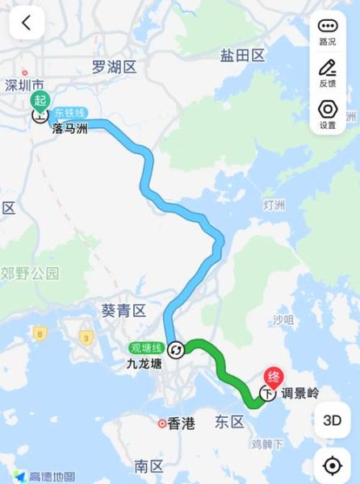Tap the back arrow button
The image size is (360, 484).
27,23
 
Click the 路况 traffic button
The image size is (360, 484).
328,31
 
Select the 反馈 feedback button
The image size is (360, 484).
328,73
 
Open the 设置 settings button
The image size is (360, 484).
328,115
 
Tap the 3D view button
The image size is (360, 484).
332,420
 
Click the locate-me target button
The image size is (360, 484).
332,465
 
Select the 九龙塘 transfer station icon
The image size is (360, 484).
175,348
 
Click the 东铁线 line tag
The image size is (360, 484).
70,114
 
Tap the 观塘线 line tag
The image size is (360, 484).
146,348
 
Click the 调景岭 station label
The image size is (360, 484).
300,394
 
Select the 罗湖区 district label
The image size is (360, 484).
115,67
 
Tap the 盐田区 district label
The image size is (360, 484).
242,55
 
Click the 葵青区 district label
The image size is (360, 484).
123,311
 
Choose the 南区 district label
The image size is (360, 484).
149,465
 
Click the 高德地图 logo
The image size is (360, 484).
46,476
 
